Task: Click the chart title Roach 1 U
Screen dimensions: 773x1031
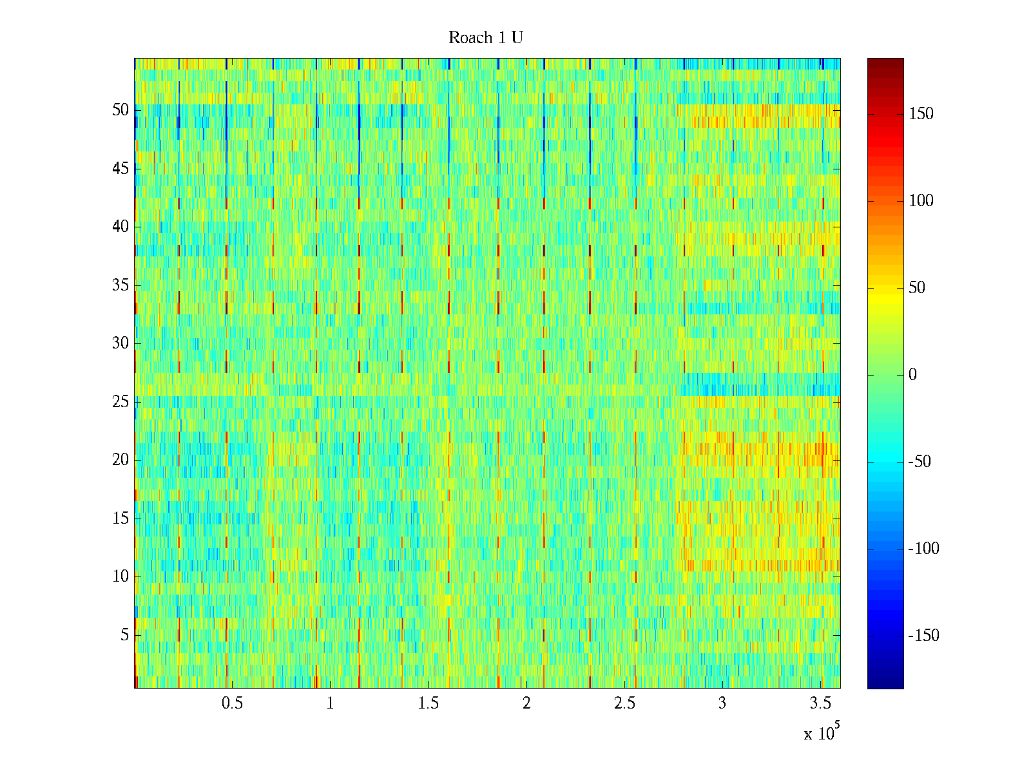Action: coord(485,38)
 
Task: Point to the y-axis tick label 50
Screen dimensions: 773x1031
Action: coord(120,110)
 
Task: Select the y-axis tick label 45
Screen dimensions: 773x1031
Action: coord(120,169)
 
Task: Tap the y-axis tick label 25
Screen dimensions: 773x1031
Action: coord(120,402)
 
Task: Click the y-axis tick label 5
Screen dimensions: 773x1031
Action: coord(124,635)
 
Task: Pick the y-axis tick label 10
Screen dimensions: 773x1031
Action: coord(120,577)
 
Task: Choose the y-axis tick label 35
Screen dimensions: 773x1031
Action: coord(120,285)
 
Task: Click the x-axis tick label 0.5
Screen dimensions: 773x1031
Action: coord(233,703)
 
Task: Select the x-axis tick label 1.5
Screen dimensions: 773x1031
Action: coord(429,703)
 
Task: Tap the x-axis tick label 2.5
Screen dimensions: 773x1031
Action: coord(624,703)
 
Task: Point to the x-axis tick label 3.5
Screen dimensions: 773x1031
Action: coord(820,703)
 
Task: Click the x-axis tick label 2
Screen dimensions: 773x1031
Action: coord(526,703)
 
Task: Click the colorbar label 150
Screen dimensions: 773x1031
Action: coord(921,114)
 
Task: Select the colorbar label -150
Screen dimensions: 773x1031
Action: coord(923,636)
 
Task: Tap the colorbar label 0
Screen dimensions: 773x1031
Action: coord(912,375)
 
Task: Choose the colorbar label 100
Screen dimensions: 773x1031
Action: coord(921,201)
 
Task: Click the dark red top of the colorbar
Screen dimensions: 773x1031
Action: coord(885,62)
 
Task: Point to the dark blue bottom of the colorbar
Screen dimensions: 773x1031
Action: coord(885,684)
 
